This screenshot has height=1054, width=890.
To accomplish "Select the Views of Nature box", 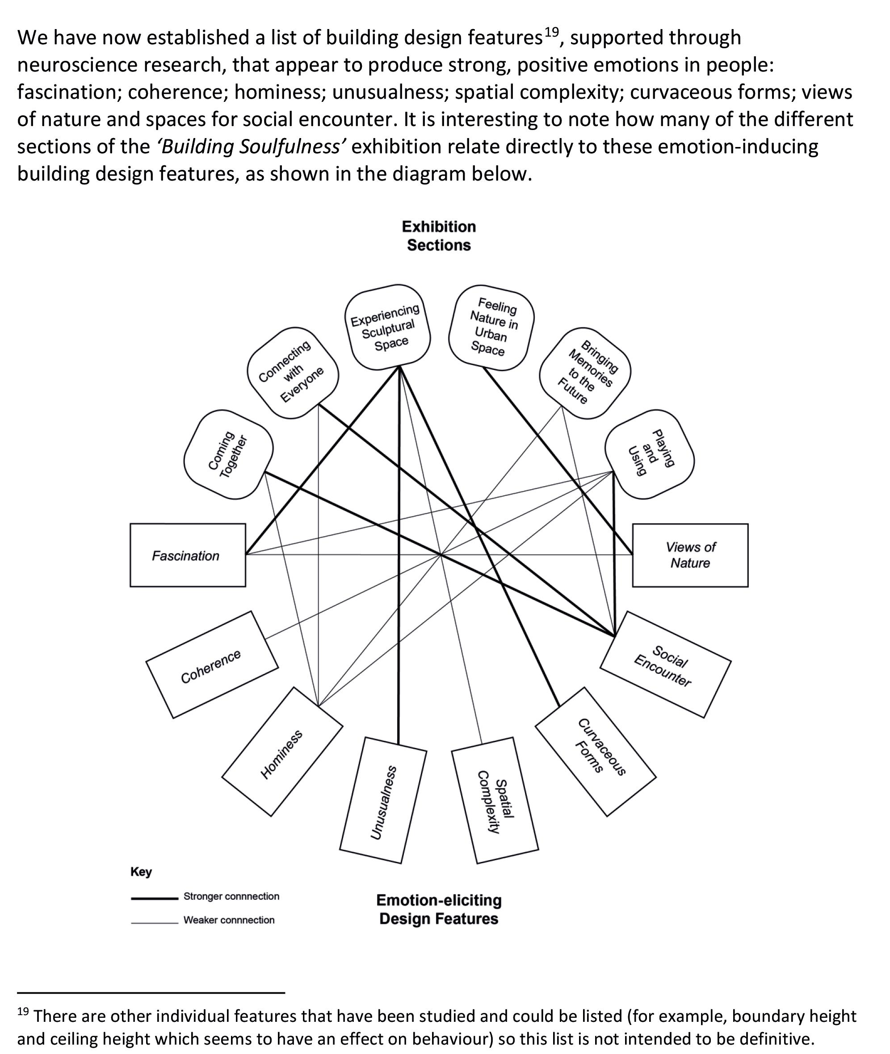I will (x=690, y=555).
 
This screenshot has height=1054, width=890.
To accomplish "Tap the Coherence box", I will (x=212, y=665).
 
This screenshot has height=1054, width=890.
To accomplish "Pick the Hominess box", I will (x=282, y=752).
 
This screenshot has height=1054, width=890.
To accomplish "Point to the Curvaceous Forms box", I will (x=596, y=752).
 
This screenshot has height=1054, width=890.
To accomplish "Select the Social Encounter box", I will (x=665, y=665).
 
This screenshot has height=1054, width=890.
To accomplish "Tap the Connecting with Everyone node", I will (x=293, y=373).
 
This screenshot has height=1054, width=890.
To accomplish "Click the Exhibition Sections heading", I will (x=438, y=235).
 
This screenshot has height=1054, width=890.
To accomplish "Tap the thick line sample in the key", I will (x=154, y=898).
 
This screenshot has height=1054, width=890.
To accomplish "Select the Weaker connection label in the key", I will (x=229, y=920).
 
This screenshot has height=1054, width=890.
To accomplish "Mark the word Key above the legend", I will (x=141, y=872).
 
